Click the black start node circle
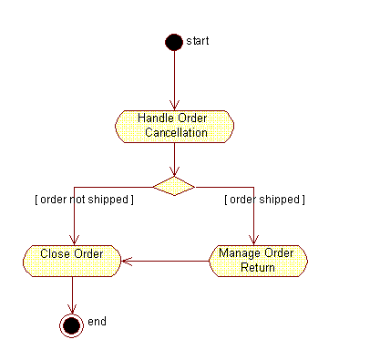point(173,42)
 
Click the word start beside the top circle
point(198,41)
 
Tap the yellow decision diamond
point(173,186)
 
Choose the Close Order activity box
point(71,261)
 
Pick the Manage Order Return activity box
point(259,261)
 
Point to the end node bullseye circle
point(71,324)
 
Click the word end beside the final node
point(98,322)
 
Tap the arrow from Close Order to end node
point(71,293)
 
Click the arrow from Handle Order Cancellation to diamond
point(173,159)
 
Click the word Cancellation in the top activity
point(176,133)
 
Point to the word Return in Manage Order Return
point(258,268)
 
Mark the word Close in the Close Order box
point(55,253)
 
